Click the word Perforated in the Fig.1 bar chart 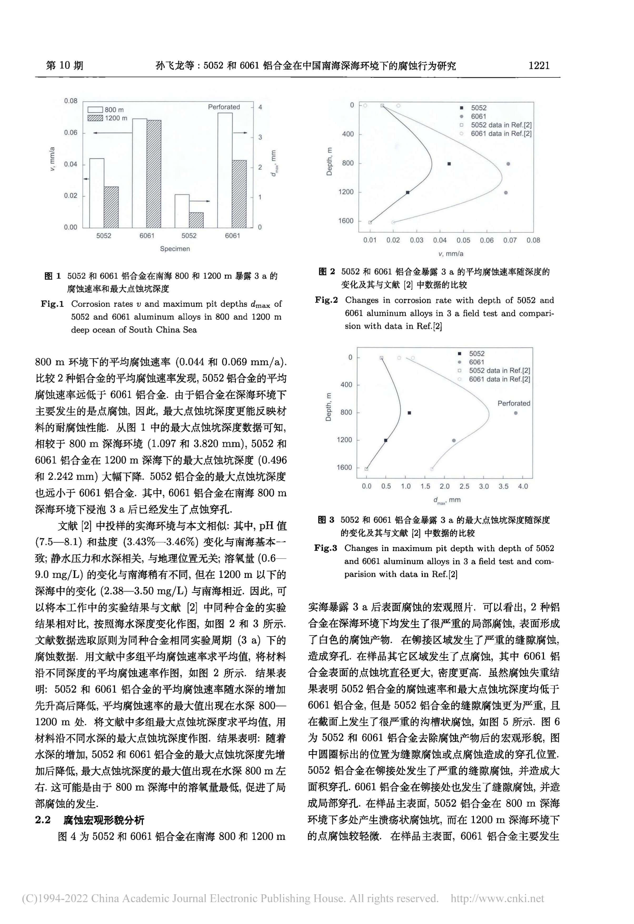tap(224, 107)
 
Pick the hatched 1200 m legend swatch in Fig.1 tap(95, 118)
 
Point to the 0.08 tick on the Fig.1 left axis tap(71, 101)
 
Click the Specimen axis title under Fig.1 tap(175, 249)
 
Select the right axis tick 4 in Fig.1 tap(260, 107)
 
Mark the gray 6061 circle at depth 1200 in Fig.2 tap(506, 193)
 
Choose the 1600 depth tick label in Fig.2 tap(345, 221)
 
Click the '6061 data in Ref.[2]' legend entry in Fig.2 tap(501, 134)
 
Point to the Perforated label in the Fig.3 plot tap(513, 403)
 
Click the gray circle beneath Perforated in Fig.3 tap(516, 413)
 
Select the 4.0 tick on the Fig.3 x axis tap(523, 486)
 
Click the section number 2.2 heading tap(43, 820)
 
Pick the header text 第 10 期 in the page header tap(65, 65)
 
